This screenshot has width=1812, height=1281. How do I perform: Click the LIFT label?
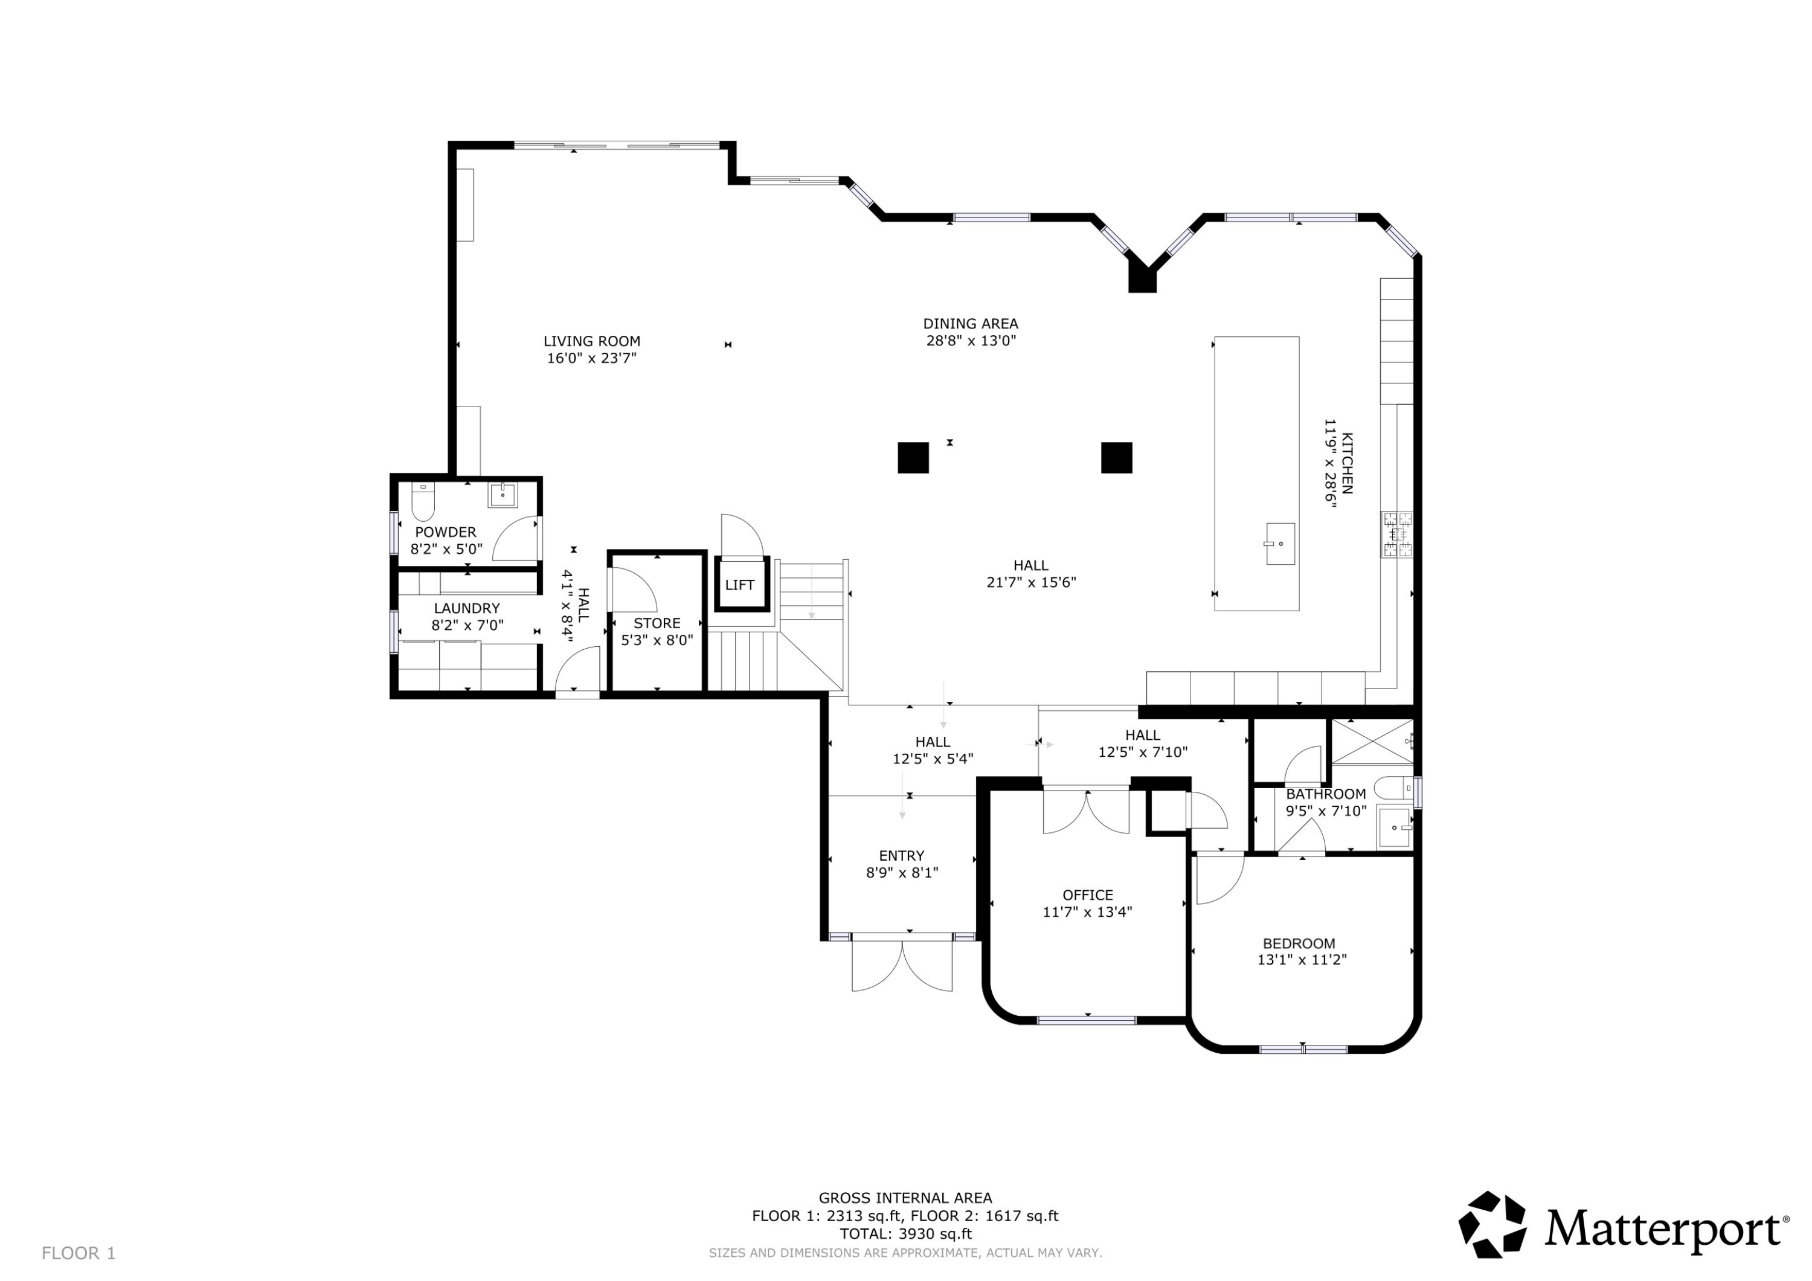739,585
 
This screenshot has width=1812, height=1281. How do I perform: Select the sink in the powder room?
502,495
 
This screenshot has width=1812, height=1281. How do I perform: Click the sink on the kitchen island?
1280,544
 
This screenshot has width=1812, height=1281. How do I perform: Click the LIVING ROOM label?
592,341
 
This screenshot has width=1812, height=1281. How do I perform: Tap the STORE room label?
657,623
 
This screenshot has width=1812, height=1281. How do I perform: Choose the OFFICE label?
1088,895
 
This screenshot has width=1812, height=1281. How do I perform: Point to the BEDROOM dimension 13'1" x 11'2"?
1302,960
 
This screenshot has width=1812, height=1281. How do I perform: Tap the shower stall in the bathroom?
1372,741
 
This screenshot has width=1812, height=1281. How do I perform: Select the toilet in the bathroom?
1393,788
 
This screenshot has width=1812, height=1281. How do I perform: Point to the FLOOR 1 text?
78,1253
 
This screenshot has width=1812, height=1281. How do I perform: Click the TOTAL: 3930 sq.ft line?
905,1234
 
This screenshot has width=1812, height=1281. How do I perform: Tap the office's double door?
1086,811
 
